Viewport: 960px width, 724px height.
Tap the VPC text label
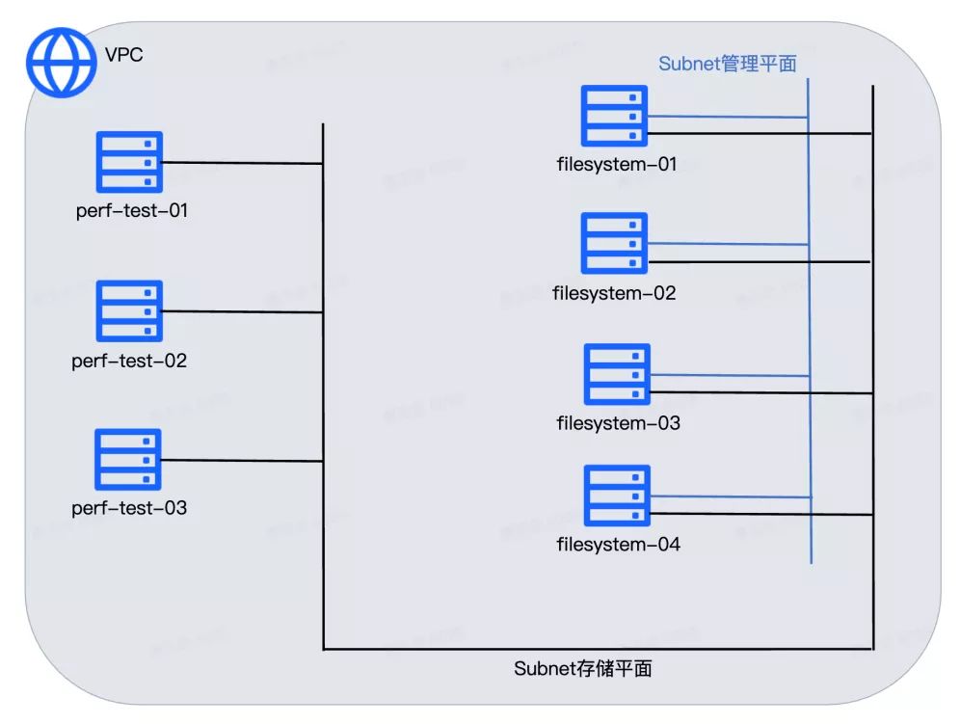click(x=122, y=55)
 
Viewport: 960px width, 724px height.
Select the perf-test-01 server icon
click(x=130, y=162)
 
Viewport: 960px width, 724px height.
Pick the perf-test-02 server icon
click(x=130, y=310)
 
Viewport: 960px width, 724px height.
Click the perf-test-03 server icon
click(x=128, y=459)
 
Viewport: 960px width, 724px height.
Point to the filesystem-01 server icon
click(x=614, y=116)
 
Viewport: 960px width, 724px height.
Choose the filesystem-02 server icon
click(x=614, y=243)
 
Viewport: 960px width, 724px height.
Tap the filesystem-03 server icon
click(x=617, y=374)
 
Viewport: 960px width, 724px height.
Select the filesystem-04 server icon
click(x=617, y=496)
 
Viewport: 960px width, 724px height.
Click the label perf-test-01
click(x=132, y=209)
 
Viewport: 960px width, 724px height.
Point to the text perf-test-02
click(x=129, y=362)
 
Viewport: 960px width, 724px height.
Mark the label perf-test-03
click(x=129, y=508)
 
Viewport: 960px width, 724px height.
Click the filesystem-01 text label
click(x=617, y=164)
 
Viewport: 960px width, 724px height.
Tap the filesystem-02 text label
click(x=615, y=293)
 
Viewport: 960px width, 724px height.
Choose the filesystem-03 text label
click(x=618, y=423)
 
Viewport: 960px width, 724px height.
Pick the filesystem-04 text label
click(x=618, y=545)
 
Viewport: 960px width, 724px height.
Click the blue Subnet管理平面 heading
click(x=728, y=64)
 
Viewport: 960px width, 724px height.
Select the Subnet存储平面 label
click(x=583, y=668)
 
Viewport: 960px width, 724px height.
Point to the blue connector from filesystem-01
click(x=728, y=117)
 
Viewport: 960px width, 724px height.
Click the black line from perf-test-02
click(x=241, y=311)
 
